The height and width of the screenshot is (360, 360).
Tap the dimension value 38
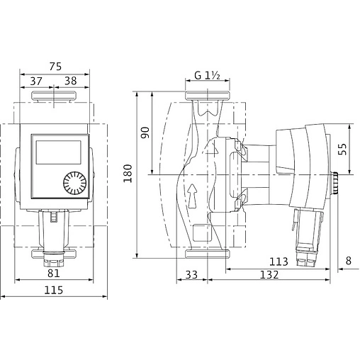[x=71, y=81]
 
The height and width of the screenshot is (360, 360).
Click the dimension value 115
[x=54, y=289]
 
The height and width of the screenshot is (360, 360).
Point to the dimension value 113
[x=279, y=261]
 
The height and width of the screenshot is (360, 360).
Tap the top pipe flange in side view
[x=207, y=96]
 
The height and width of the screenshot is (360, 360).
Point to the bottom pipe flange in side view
[x=207, y=253]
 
